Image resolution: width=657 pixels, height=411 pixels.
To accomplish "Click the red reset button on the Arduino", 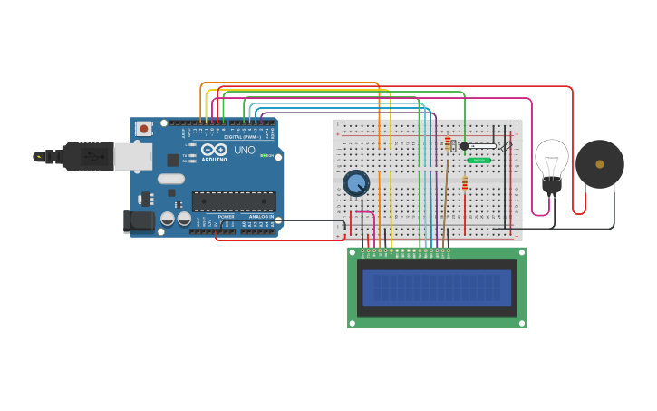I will pos(143,129).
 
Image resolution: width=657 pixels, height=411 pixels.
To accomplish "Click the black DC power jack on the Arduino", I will pos(137,220).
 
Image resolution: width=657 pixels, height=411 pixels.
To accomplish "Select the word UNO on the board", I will pos(245,150).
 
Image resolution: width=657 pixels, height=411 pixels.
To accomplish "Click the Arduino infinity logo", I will pos(215,149).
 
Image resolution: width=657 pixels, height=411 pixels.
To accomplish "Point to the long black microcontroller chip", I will pos(234,201).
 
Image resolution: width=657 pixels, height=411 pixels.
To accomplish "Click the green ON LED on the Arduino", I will pos(263,156).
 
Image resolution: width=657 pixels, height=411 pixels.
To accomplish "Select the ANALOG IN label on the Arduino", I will pos(261,217).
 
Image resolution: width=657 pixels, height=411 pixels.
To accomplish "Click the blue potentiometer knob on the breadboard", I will pos(356,183).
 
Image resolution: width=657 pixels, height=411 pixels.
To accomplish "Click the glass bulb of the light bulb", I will pos(551,158).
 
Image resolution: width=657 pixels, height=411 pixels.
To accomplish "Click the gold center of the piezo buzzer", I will pos(599,164).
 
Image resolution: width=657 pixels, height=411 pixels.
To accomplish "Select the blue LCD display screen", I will pos(436,288).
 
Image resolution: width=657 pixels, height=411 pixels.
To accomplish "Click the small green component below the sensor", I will pos(478,161).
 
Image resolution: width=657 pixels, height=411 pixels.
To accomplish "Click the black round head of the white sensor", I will pos(464,145).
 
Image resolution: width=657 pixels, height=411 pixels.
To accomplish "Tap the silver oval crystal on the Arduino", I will pos(170,179).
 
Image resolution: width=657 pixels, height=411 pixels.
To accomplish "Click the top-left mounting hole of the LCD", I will pos(353,253).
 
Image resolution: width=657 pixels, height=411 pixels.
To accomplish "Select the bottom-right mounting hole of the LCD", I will pos(522,322).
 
